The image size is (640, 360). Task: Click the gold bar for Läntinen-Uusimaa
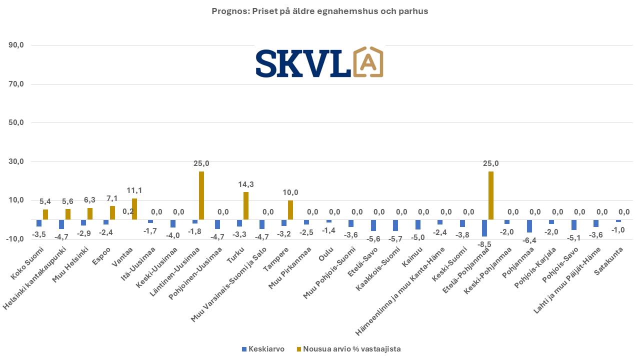click(x=201, y=195)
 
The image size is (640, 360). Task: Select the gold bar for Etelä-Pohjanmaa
click(x=491, y=195)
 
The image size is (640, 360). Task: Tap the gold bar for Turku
click(x=246, y=205)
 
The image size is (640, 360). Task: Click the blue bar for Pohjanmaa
click(x=529, y=226)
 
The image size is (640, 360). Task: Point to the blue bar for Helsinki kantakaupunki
click(x=61, y=224)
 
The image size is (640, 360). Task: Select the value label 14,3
click(x=246, y=184)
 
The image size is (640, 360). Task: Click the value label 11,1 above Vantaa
click(x=134, y=190)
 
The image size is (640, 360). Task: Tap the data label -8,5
click(x=483, y=244)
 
